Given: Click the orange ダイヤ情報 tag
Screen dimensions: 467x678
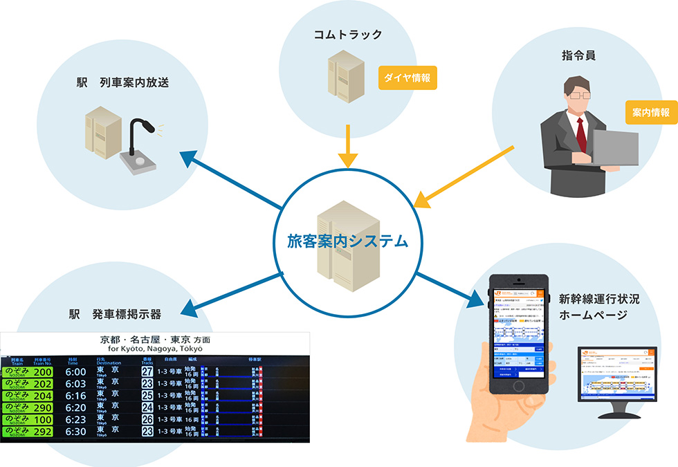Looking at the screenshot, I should click(406, 78).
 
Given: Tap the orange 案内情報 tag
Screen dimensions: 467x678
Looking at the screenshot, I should click(650, 112).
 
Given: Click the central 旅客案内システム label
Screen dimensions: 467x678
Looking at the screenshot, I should click(347, 241).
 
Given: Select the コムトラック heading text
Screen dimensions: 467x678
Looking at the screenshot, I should click(347, 34).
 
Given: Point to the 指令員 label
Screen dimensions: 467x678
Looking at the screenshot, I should click(580, 53).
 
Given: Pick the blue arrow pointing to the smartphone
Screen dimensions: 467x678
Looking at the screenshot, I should click(450, 287).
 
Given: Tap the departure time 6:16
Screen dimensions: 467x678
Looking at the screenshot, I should click(75, 396).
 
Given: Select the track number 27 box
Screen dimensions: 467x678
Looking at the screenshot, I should click(147, 372).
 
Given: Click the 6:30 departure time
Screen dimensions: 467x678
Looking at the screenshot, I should click(75, 432).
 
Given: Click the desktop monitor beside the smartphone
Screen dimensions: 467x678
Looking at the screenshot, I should click(618, 377).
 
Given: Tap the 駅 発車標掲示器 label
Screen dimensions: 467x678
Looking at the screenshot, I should click(115, 314).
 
